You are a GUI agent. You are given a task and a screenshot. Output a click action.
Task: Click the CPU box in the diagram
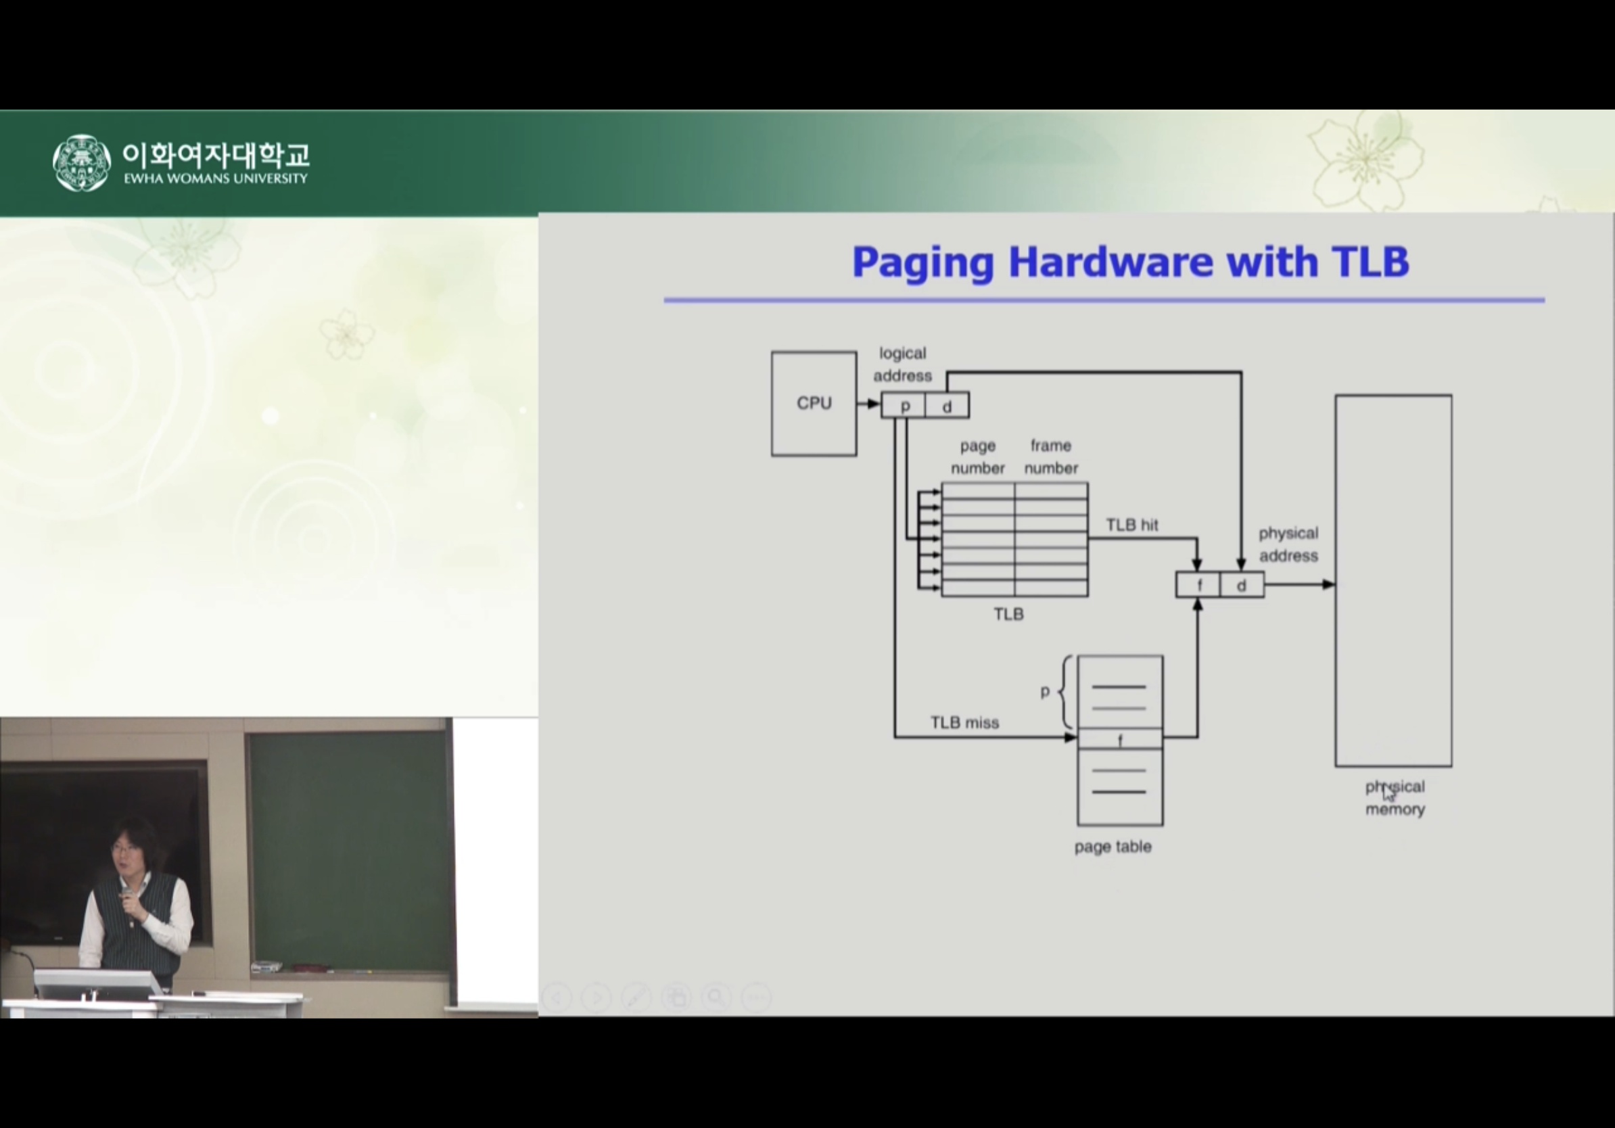coord(814,404)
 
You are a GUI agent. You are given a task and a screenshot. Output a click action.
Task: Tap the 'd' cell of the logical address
coord(947,406)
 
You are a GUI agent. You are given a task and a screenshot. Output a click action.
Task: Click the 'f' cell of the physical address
coord(1198,585)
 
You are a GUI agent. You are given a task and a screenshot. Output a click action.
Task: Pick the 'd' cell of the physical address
coord(1242,585)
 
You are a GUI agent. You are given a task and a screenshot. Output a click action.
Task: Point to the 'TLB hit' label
coord(1131,525)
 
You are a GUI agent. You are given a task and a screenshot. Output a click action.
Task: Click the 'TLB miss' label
coord(964,723)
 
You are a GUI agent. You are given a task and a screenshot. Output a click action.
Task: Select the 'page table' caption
coord(1113,847)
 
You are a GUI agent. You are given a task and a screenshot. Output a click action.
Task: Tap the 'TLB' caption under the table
coord(1008,615)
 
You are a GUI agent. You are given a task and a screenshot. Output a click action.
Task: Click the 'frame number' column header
coord(1051,457)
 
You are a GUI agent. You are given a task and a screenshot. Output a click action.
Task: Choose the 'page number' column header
coord(978,457)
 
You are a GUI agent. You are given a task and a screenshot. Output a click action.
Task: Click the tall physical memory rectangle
coord(1393,580)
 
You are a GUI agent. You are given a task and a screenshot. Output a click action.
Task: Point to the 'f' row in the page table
coord(1120,738)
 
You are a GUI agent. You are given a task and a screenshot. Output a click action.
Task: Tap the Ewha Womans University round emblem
coord(82,163)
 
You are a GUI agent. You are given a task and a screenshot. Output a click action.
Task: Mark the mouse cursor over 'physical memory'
coord(1388,793)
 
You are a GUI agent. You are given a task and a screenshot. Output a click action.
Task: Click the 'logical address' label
coord(902,365)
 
